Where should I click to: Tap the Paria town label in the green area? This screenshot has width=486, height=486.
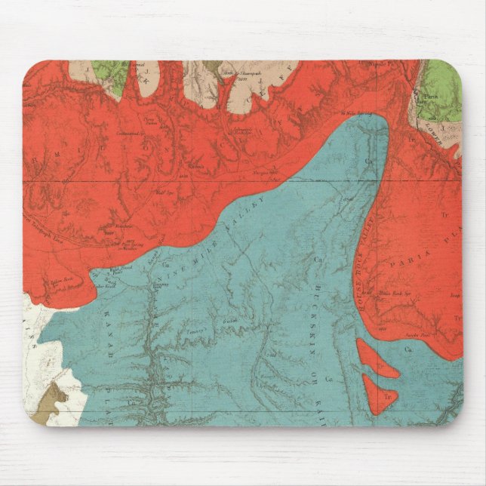(432, 97)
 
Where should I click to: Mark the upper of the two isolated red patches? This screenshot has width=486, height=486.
(374, 361)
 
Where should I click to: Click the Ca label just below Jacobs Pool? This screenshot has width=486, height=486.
(411, 349)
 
